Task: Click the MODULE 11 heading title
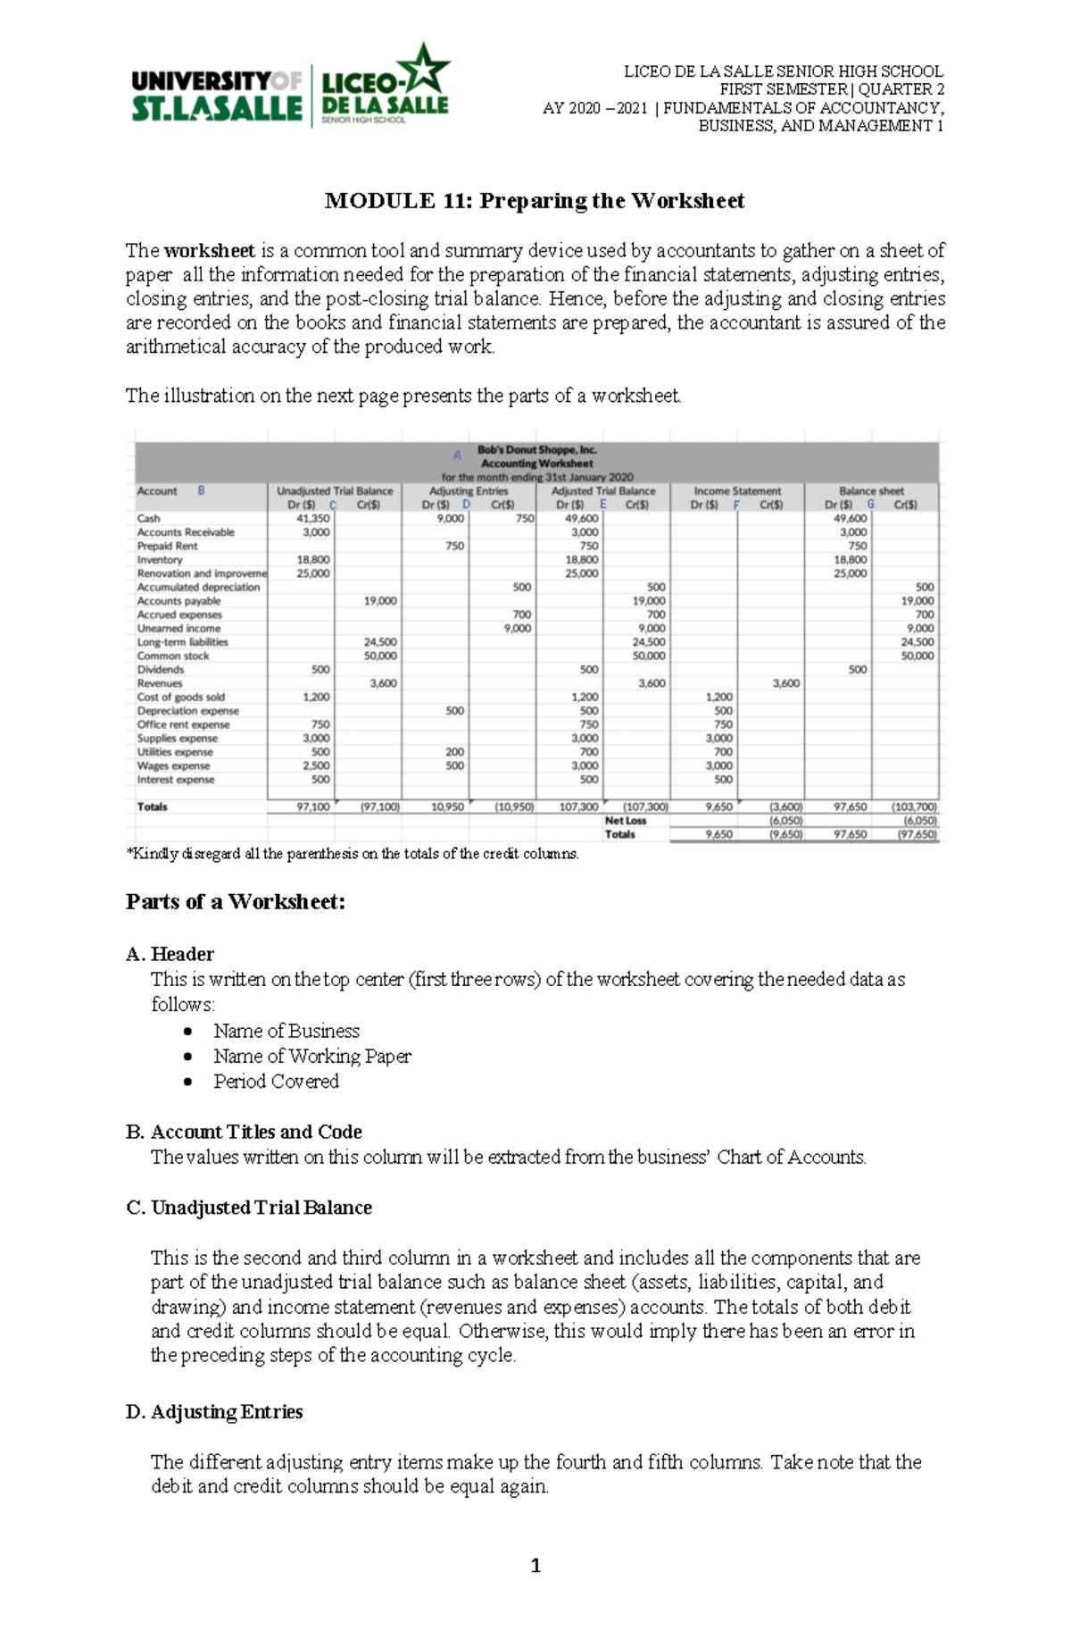[535, 201]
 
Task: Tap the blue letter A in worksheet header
[457, 456]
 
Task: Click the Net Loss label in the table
[625, 821]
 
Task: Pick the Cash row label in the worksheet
[149, 518]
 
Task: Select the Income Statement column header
[737, 491]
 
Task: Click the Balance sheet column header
[871, 491]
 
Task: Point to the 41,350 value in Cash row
[313, 518]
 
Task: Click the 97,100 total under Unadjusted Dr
[313, 807]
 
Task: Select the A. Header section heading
[170, 954]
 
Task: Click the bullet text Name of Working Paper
[312, 1057]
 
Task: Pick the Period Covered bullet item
[276, 1082]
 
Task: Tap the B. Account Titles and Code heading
[245, 1133]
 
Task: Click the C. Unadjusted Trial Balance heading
[249, 1208]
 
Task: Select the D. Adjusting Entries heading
[214, 1412]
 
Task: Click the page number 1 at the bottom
[535, 1566]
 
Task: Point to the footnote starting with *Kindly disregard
[353, 854]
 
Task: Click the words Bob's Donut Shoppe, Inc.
[536, 450]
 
